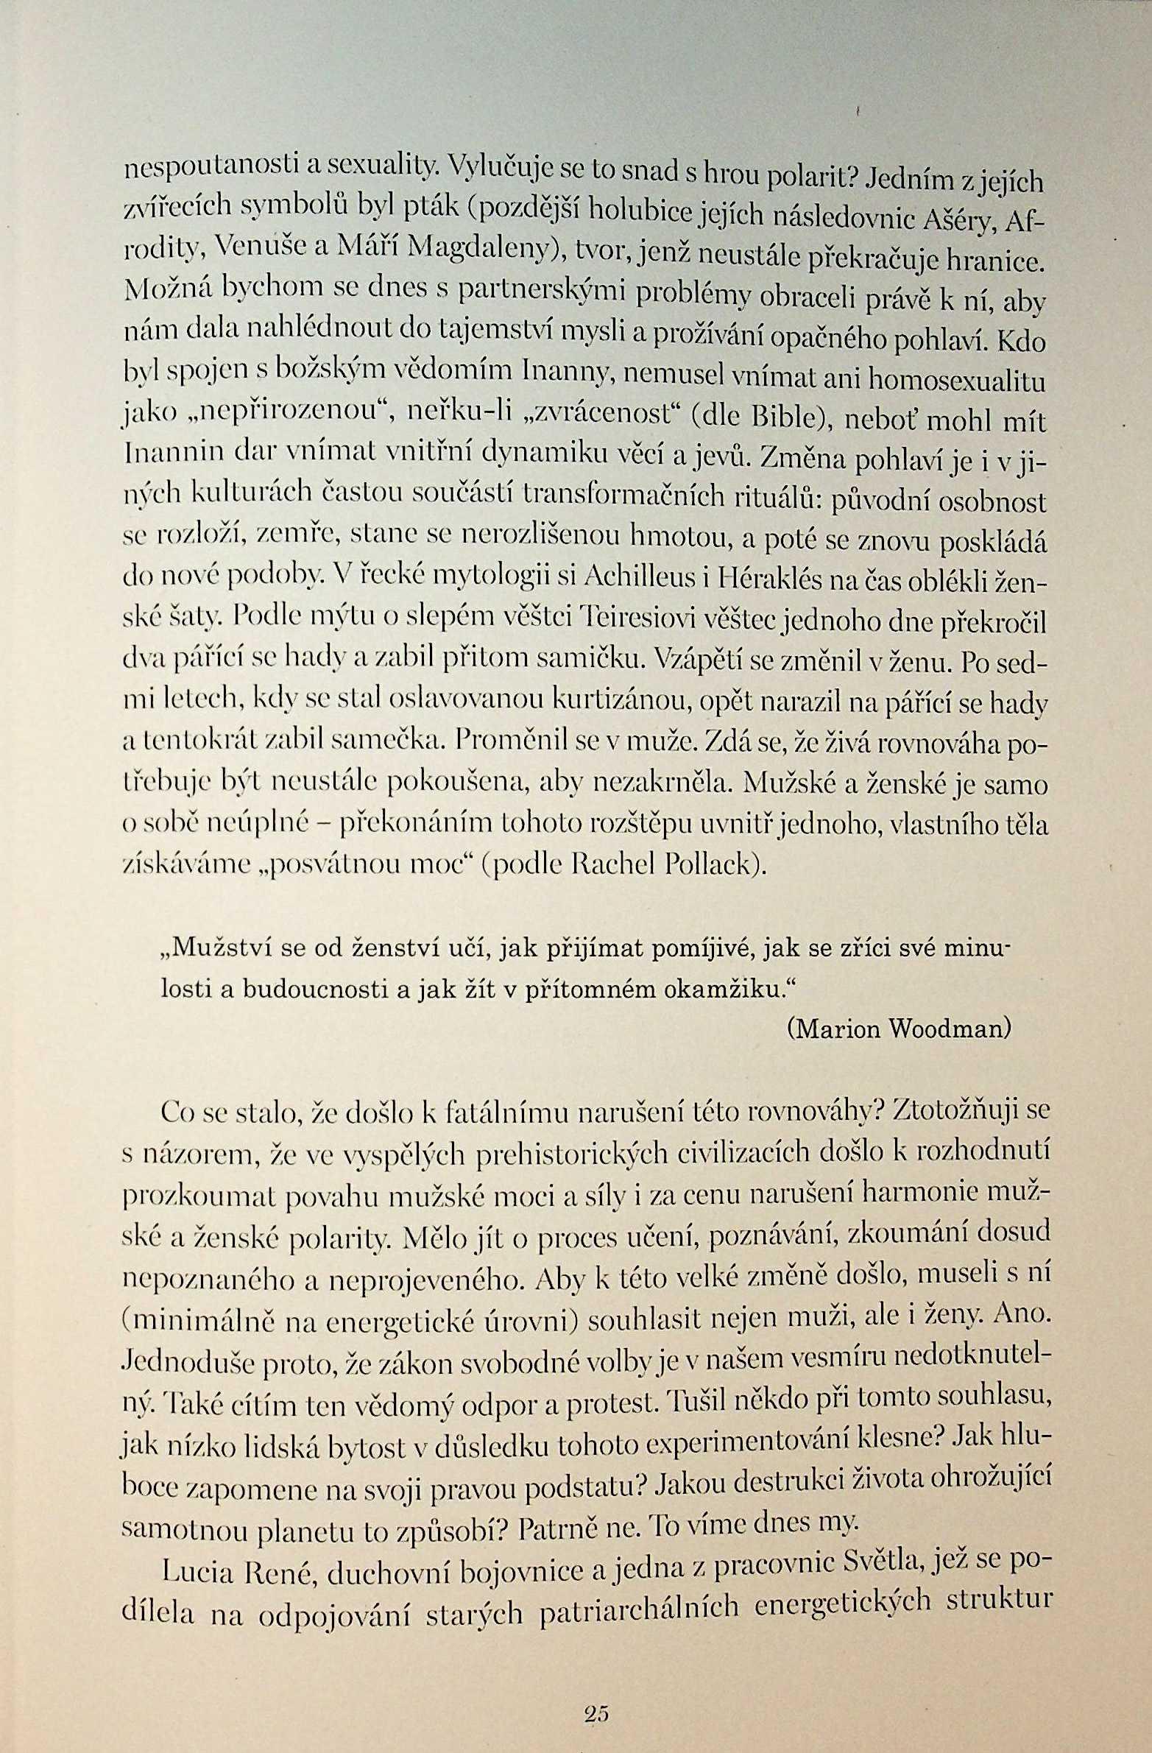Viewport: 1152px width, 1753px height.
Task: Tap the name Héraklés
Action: point(758,579)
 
